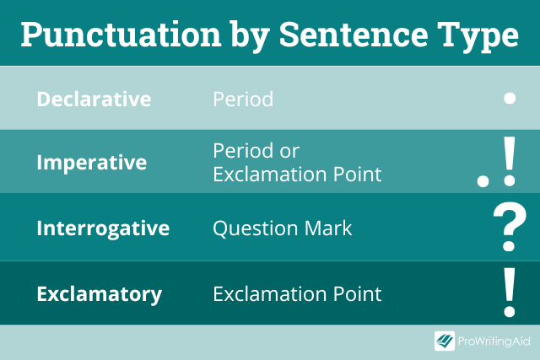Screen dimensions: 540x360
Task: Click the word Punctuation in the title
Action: [121, 35]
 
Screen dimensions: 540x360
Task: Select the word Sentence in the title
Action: [354, 35]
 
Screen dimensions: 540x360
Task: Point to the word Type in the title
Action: [478, 36]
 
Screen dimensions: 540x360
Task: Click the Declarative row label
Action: [94, 99]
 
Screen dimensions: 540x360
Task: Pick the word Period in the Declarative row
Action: [243, 99]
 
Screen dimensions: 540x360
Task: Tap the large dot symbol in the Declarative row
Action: [510, 99]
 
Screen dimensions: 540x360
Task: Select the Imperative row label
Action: [92, 163]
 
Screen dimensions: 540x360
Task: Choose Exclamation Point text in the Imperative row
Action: [297, 175]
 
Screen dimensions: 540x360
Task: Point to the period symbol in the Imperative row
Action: [483, 181]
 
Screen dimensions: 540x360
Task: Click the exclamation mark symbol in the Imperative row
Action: [510, 161]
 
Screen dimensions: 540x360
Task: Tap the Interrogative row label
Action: [103, 228]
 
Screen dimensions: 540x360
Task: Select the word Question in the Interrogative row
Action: [255, 228]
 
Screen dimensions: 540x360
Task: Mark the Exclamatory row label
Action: [100, 294]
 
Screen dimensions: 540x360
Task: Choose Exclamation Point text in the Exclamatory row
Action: [297, 294]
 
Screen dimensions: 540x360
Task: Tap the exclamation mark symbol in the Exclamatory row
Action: [510, 293]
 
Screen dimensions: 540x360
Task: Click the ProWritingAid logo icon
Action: [445, 341]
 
